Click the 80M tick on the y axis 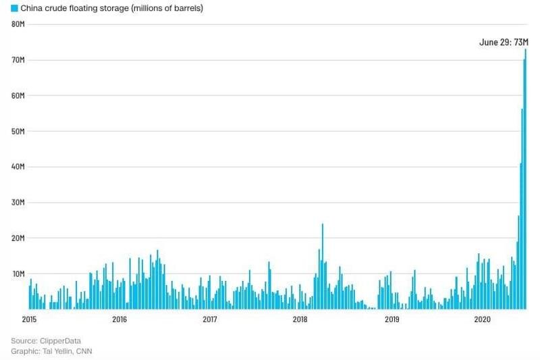[x=19, y=24]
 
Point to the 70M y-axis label [x=19, y=60]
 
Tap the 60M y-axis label [x=19, y=95]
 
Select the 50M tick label [x=19, y=131]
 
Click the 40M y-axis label [x=19, y=167]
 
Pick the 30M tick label [x=19, y=203]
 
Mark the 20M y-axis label [x=19, y=238]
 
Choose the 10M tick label [x=19, y=274]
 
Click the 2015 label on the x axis [x=29, y=319]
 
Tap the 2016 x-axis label [x=119, y=319]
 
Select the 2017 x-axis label [x=210, y=319]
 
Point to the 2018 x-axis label [x=300, y=319]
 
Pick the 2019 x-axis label [x=391, y=319]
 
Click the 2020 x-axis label [x=481, y=319]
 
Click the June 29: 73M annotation [x=503, y=42]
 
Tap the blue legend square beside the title [x=14, y=9]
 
